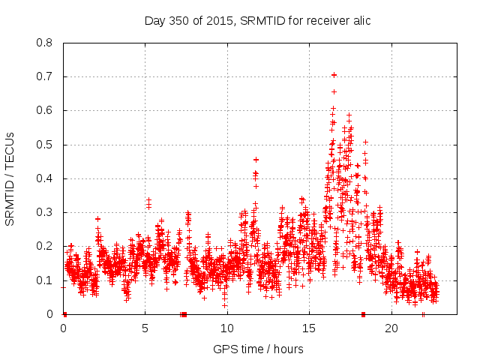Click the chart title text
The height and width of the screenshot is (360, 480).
point(258,21)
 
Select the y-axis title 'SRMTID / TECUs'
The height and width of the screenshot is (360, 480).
point(10,178)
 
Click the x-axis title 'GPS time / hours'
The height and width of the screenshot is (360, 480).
point(258,349)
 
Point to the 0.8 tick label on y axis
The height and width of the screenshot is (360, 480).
point(45,43)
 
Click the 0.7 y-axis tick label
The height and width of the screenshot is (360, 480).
point(45,76)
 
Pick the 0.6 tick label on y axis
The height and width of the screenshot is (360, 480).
point(45,110)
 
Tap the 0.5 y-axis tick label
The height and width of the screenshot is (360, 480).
point(45,145)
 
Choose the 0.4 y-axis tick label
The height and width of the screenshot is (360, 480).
point(45,178)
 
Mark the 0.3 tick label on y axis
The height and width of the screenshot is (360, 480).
point(45,212)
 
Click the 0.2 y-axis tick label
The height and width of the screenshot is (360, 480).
point(45,246)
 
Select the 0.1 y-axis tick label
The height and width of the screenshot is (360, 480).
point(45,280)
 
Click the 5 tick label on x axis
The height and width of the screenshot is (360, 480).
point(145,328)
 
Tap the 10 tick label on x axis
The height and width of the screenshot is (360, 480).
point(227,328)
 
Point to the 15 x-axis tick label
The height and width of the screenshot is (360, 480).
point(309,328)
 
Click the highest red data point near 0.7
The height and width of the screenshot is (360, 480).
point(334,75)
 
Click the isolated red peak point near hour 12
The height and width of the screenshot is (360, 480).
point(256,160)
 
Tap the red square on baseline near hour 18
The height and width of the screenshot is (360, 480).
point(363,314)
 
